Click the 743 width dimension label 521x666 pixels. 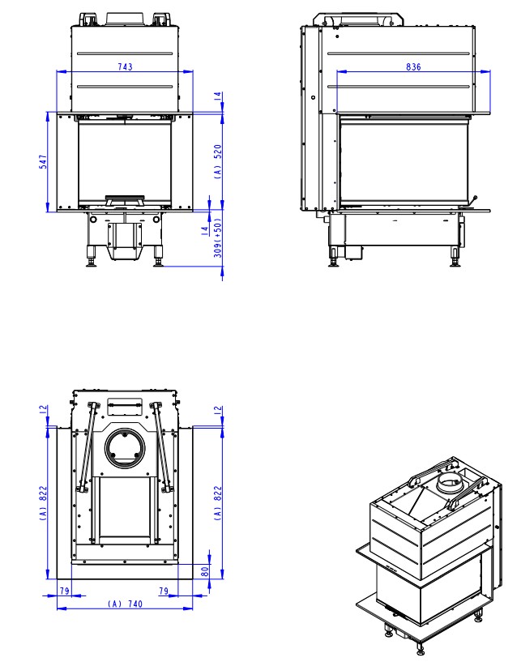coord(125,66)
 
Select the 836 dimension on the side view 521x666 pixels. coord(413,66)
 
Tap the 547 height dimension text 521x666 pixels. coord(43,162)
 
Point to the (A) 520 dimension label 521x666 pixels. coord(218,161)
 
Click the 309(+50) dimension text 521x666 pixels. coord(218,238)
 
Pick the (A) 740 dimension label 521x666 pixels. coord(125,604)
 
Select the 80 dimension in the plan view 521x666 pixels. coord(205,571)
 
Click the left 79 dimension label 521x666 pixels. coord(65,591)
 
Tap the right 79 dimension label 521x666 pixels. coord(164,591)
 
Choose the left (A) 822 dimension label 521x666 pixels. coord(43,503)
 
